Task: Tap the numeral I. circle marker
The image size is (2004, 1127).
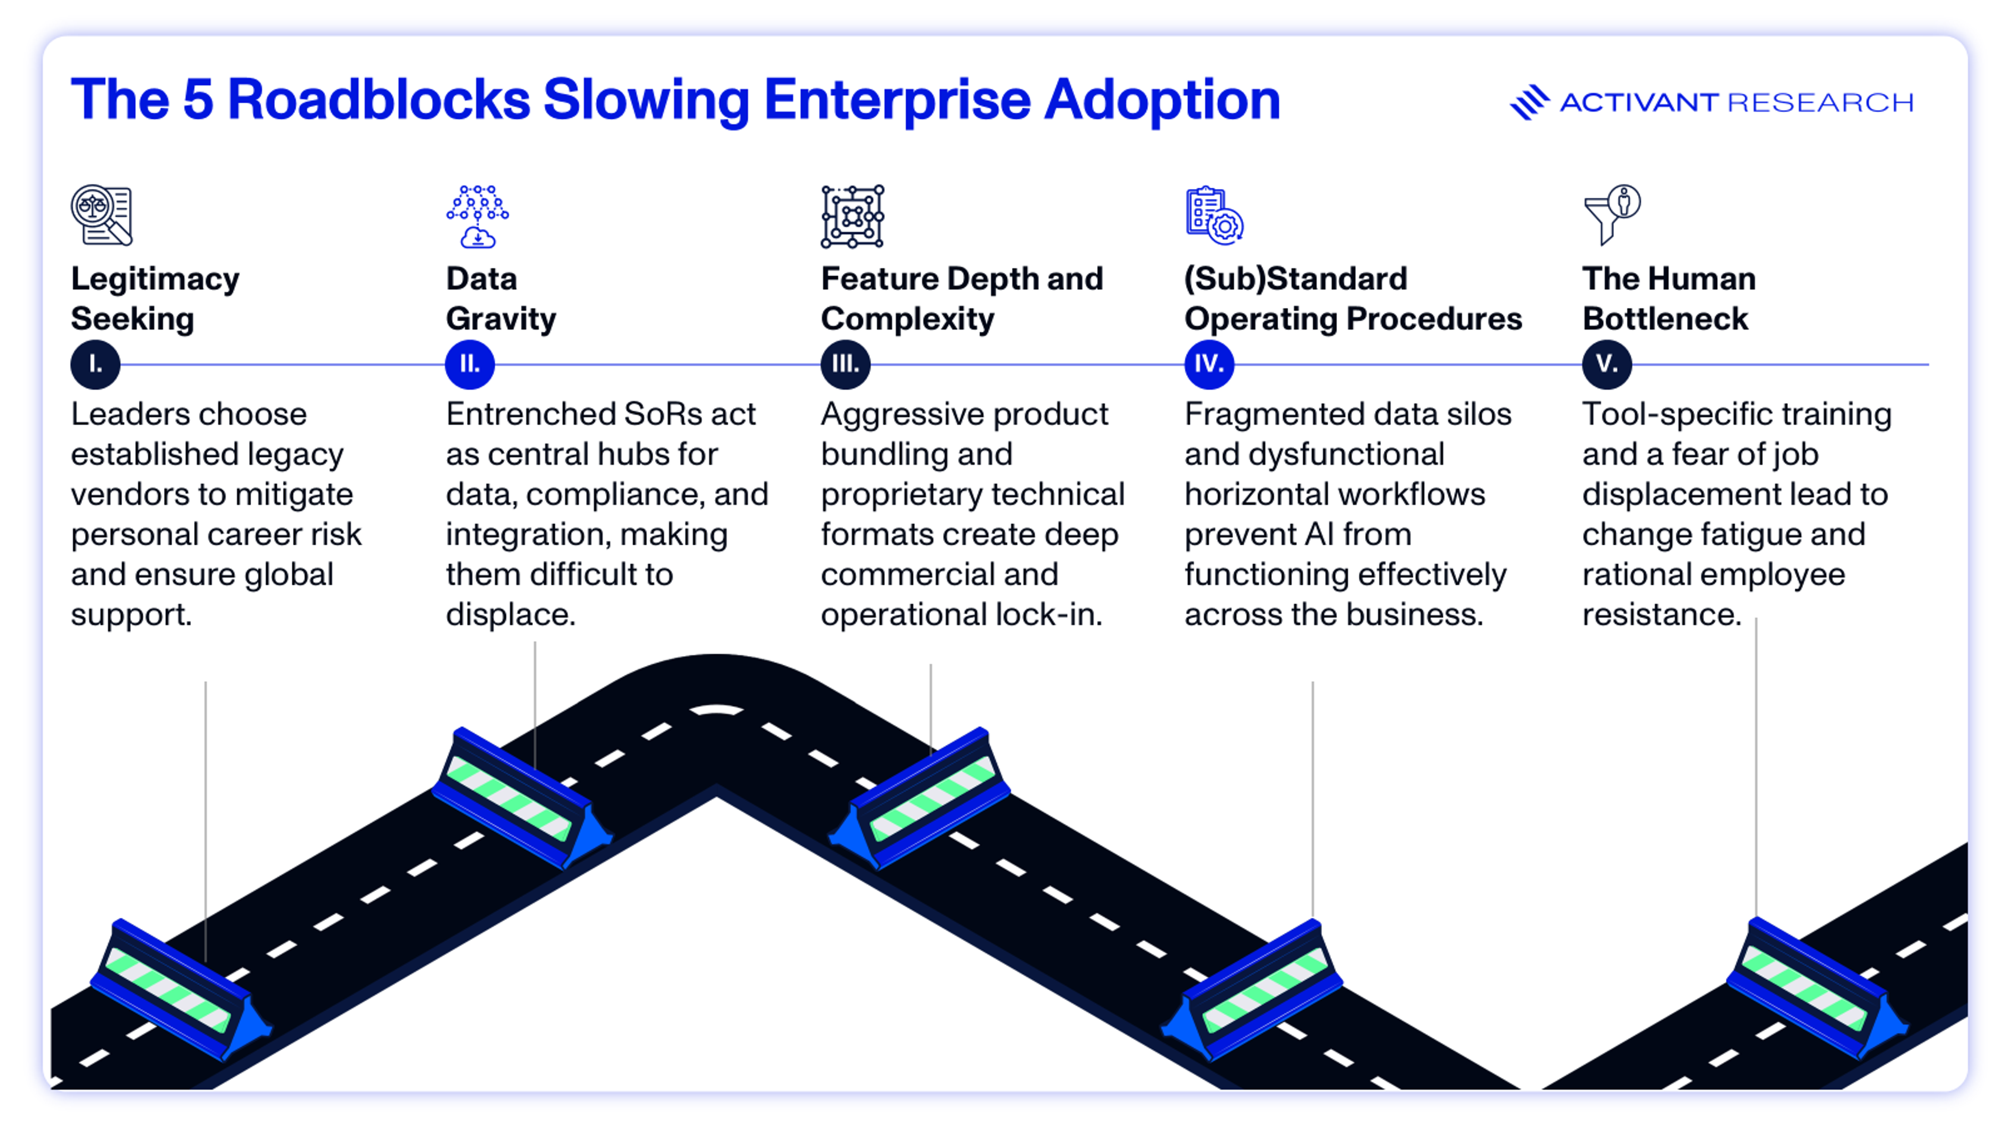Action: pos(95,364)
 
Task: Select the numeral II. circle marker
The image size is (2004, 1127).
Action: pos(470,364)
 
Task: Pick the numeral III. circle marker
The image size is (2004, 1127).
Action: pos(845,364)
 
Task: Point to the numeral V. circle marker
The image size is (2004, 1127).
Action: pos(1606,364)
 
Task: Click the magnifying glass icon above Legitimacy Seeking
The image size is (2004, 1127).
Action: pos(102,215)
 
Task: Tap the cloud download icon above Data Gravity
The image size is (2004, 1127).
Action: pos(478,217)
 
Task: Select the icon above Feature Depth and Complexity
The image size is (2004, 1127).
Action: pos(853,216)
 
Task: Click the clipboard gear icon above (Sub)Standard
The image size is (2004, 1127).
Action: pos(1213,215)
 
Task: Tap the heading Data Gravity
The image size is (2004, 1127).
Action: pos(500,298)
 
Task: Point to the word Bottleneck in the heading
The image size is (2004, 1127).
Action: pos(1665,319)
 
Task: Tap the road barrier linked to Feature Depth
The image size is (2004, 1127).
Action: pos(921,797)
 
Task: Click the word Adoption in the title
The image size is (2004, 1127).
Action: pos(1162,100)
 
